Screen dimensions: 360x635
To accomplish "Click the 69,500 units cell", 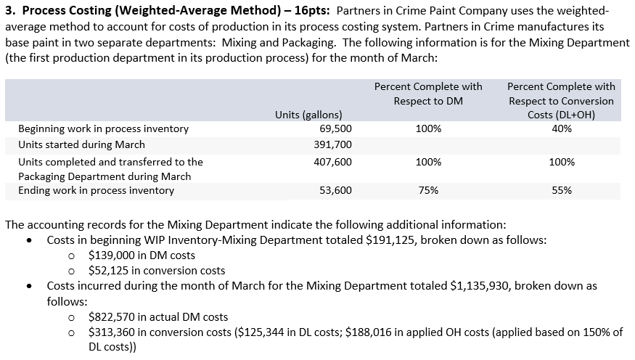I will [335, 128].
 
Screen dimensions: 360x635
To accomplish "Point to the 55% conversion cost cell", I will [561, 191].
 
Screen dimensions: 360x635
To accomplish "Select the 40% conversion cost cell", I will [561, 128].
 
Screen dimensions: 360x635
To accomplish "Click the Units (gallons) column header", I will [308, 115].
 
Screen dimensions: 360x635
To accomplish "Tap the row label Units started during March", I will [81, 144].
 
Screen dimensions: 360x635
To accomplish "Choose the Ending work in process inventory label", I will [96, 191].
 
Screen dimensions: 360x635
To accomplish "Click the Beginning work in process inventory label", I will [103, 128].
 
